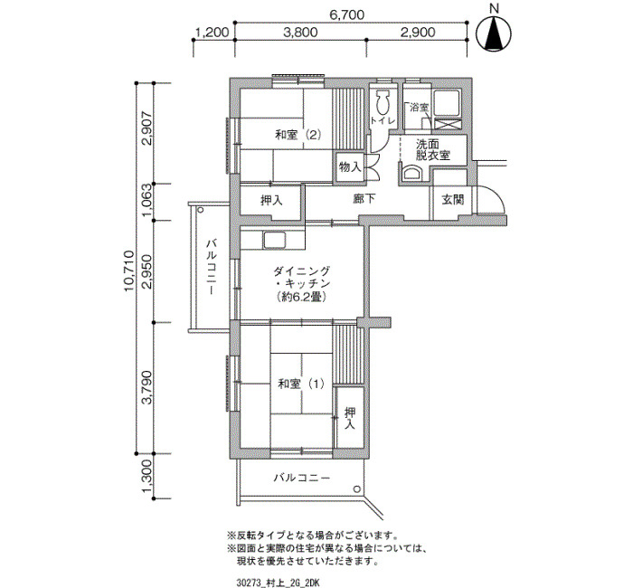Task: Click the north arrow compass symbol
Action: click(x=494, y=34)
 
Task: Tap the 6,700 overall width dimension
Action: click(x=347, y=15)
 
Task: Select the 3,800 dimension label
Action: click(x=300, y=32)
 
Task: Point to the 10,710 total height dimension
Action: click(x=129, y=271)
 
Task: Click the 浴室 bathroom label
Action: click(x=419, y=108)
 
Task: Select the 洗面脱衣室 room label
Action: click(x=433, y=150)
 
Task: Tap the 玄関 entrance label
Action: click(x=452, y=200)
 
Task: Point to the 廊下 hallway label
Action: click(x=364, y=198)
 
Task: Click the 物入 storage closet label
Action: click(x=350, y=166)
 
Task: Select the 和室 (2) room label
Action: click(x=298, y=135)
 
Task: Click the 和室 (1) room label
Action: click(x=301, y=384)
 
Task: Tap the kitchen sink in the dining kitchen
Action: click(x=275, y=241)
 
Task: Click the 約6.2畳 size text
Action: click(x=301, y=298)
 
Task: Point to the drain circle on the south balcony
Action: click(x=357, y=489)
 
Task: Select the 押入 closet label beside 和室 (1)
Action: click(x=350, y=418)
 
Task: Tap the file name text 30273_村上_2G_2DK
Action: click(x=279, y=583)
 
